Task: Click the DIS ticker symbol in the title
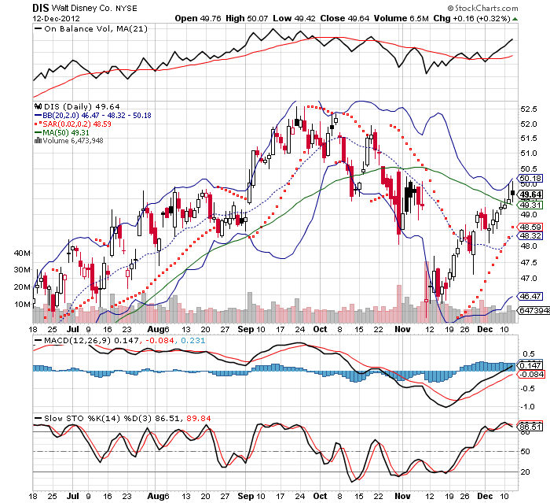[41, 7]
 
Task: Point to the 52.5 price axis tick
[530, 109]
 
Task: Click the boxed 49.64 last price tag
[532, 194]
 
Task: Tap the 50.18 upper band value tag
[530, 178]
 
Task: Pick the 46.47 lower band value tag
[530, 296]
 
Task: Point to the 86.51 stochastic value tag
[530, 426]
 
